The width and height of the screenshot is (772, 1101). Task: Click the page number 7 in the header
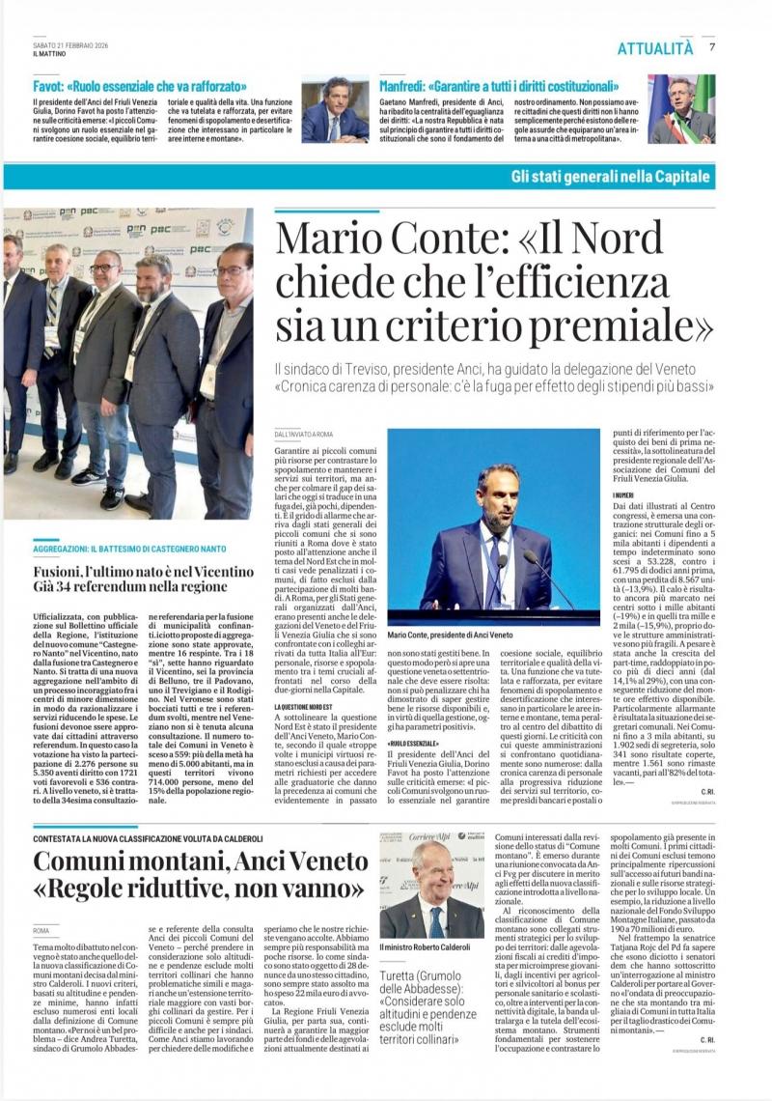coord(712,47)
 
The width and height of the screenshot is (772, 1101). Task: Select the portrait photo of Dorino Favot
coord(334,109)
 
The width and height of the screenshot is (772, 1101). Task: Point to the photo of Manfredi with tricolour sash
coord(681,110)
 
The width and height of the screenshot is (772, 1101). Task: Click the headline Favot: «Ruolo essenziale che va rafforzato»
coord(140,86)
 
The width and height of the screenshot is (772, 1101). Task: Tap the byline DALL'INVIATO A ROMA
coord(304,436)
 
